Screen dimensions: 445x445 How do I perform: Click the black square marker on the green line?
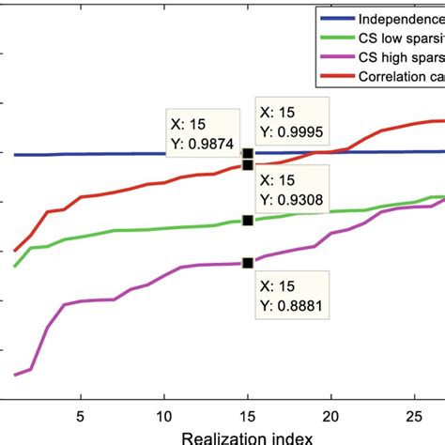[x=247, y=220]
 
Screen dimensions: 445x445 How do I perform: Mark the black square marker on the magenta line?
[x=247, y=264]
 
